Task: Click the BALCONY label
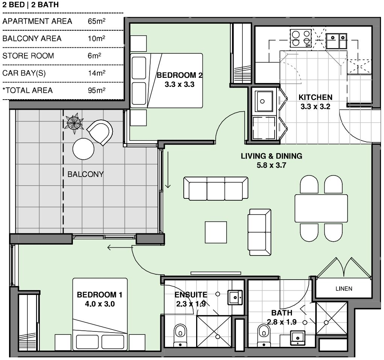pos(85,174)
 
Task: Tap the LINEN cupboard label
pos(344,289)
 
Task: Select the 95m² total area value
pos(97,90)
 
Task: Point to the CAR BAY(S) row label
pos(24,73)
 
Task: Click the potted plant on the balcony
pos(74,122)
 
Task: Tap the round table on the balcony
pos(83,149)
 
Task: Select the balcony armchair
pos(100,132)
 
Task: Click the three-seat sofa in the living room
pos(216,188)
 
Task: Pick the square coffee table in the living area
pos(216,232)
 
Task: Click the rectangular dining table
pos(321,208)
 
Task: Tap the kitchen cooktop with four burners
pos(301,38)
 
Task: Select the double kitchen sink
pos(336,41)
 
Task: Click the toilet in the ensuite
pos(180,335)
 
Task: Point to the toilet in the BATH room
pos(264,335)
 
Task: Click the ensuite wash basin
pos(235,298)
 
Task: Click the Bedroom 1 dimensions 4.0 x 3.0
pos(100,304)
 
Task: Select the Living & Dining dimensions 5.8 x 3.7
pos(271,165)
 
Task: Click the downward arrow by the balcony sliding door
pos(168,170)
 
